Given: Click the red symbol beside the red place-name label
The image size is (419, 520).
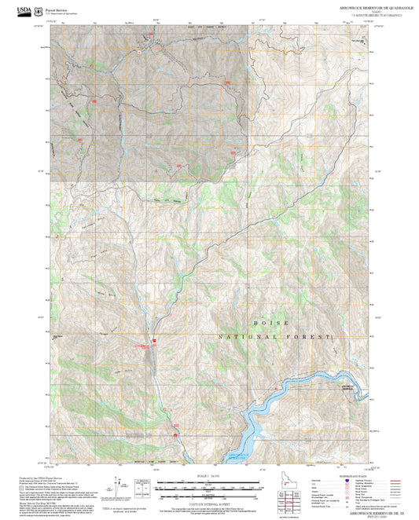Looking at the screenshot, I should point(155,340).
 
